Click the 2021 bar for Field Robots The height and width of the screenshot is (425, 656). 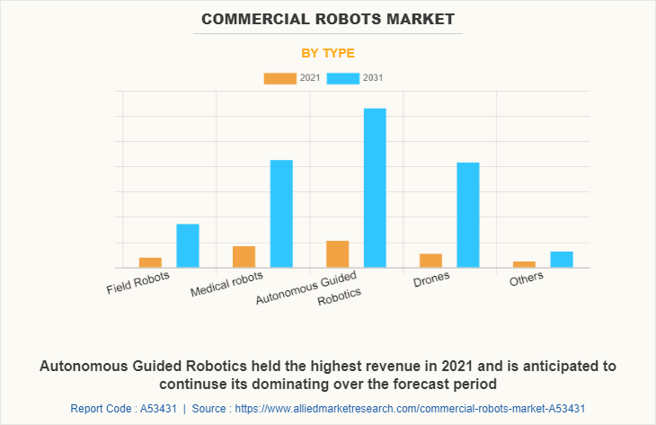[x=150, y=262]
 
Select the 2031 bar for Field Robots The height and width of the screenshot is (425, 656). [x=188, y=245]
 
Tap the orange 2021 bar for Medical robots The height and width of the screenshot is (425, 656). [x=244, y=256]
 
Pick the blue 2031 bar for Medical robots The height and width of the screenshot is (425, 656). [x=281, y=213]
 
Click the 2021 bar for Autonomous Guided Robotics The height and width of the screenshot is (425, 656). [x=337, y=253]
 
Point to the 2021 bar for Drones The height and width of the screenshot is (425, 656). [x=430, y=261]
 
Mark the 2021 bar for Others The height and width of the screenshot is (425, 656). [x=524, y=264]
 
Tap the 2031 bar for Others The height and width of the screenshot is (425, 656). [x=562, y=259]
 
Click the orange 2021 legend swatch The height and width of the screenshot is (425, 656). [x=279, y=78]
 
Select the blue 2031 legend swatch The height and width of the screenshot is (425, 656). [x=342, y=78]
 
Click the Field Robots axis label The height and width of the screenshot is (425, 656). [x=137, y=284]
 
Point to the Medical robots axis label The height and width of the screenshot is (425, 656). [x=227, y=285]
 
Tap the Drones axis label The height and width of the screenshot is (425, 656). [x=431, y=279]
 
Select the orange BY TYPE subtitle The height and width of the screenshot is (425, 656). [x=328, y=53]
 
